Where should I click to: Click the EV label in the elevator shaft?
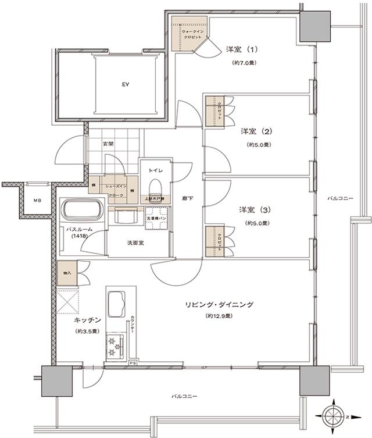click(x=125, y=85)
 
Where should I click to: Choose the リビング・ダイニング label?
click(x=219, y=304)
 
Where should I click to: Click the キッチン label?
click(x=88, y=319)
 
